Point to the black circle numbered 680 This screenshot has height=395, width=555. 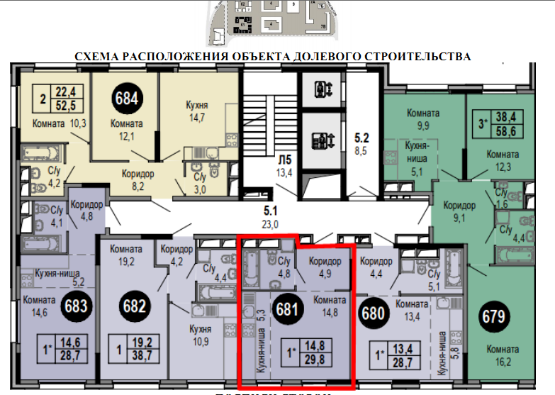tap(374, 312)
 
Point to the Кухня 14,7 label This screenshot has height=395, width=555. tap(196, 112)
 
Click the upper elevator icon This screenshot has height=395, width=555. tap(323, 90)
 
